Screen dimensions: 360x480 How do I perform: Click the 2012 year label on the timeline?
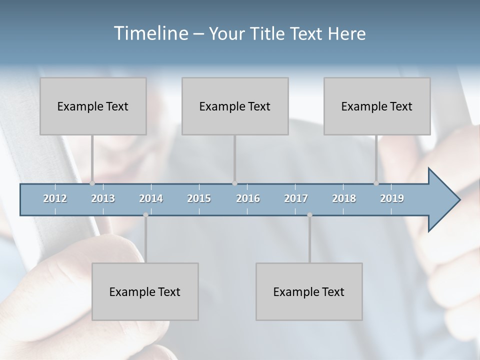[x=55, y=198]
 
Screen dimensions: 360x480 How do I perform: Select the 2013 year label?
[x=103, y=198]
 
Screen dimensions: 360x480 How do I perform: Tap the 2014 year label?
[x=151, y=198]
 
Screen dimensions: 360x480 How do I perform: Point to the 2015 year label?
[x=199, y=198]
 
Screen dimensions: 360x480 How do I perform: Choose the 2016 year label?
[x=248, y=198]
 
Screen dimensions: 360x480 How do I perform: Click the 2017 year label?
[x=296, y=198]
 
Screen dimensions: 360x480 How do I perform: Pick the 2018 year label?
[x=344, y=198]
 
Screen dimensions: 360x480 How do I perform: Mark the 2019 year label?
[x=392, y=198]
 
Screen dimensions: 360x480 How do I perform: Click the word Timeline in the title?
[x=150, y=33]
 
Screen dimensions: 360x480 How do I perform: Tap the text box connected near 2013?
[x=93, y=106]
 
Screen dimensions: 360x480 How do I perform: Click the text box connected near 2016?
[x=235, y=106]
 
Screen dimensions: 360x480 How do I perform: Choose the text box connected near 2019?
[x=377, y=106]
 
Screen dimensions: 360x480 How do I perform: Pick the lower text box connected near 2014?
[x=145, y=291]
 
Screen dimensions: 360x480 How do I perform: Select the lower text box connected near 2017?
[x=309, y=291]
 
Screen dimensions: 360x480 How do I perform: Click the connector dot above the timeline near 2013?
[x=92, y=183]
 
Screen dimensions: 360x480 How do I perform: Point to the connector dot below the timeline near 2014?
[x=145, y=215]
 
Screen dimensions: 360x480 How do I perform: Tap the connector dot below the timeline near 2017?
[x=309, y=215]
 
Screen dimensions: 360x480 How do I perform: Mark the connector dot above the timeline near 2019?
[x=376, y=183]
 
